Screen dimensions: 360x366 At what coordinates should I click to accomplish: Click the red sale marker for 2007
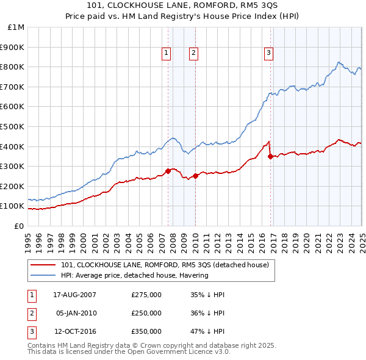[x=168, y=171]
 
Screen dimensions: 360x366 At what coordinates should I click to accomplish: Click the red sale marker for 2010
[x=195, y=176]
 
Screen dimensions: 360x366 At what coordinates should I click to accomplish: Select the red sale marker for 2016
[x=270, y=156]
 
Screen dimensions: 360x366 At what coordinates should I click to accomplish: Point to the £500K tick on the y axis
[x=14, y=126]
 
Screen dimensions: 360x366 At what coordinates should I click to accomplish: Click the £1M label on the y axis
[x=16, y=27]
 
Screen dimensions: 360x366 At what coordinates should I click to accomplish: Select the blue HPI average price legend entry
[x=135, y=275]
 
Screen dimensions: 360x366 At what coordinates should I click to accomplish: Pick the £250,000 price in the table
[x=146, y=314]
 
